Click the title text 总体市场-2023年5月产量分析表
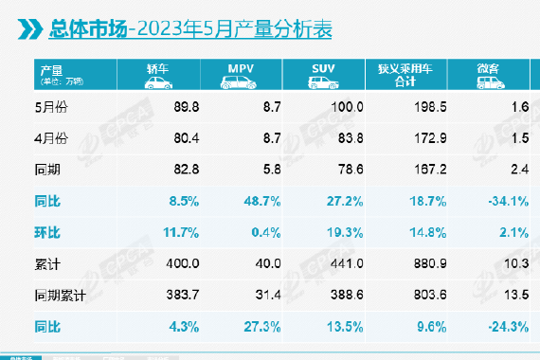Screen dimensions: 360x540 tap(189, 29)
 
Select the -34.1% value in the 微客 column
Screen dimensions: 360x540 tap(508, 200)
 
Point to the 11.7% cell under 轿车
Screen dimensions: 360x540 tap(161, 230)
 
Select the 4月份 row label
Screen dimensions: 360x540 tap(56, 138)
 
